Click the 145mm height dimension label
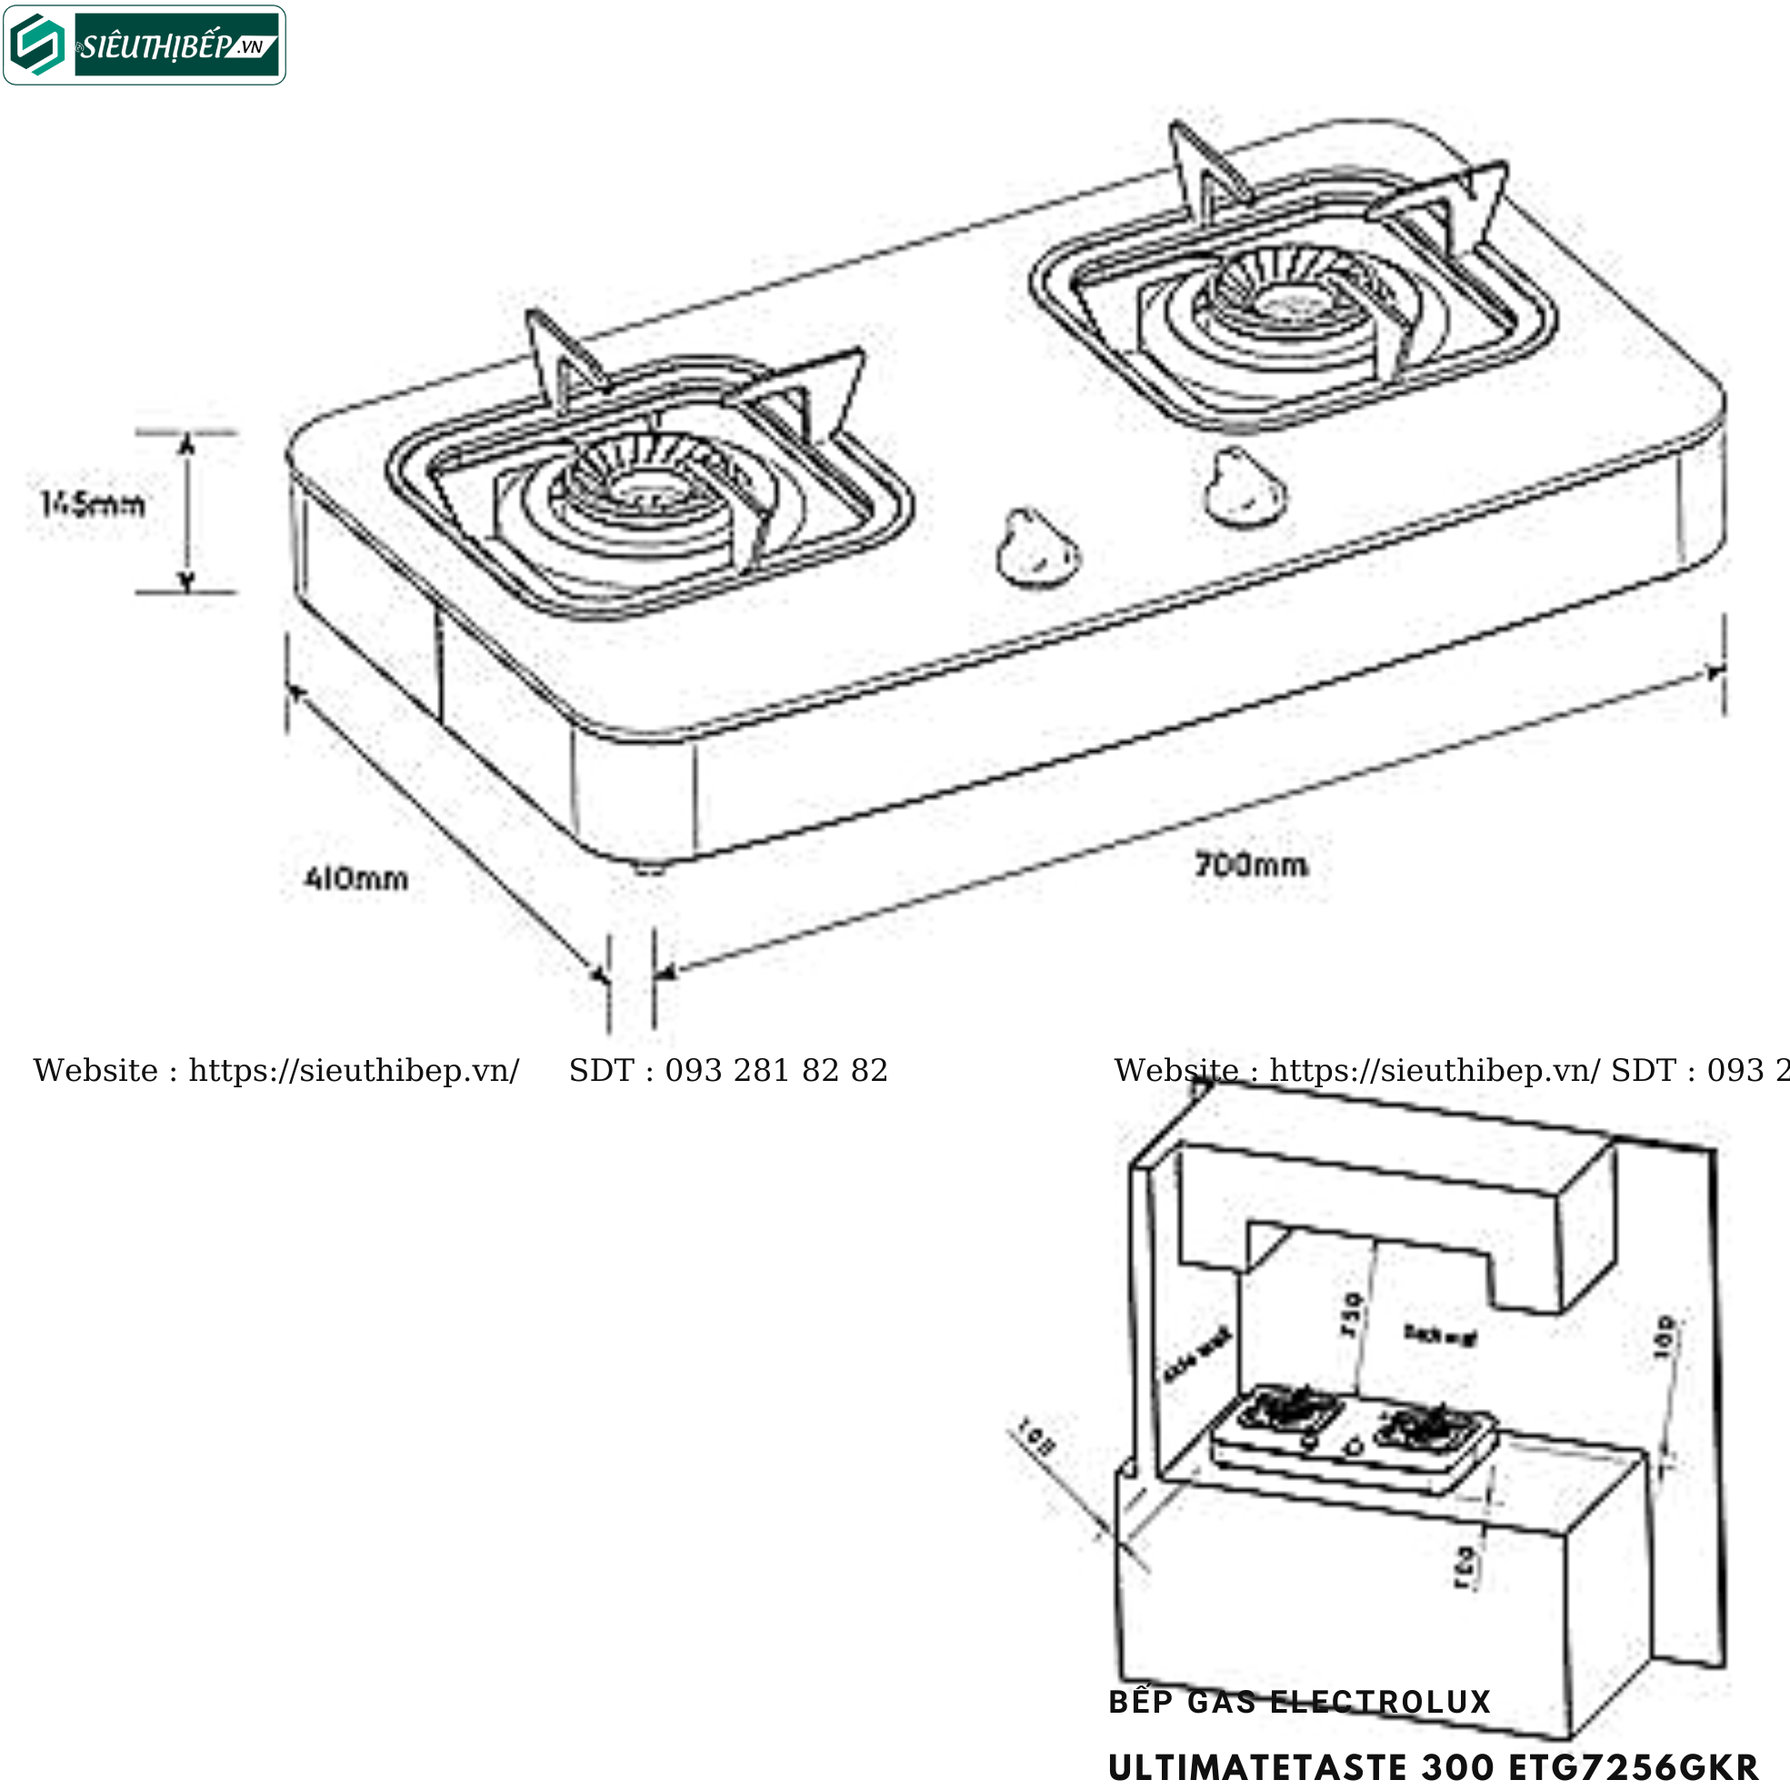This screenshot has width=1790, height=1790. pos(93,505)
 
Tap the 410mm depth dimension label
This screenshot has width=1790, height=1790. pos(356,877)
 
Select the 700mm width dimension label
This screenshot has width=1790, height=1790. pos(1251,865)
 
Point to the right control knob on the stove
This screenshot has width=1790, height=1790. pos(1245,490)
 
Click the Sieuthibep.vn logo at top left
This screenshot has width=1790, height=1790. pos(145,45)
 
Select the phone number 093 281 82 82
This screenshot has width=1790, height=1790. pos(775,1071)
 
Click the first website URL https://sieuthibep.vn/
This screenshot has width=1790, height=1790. pos(354,1071)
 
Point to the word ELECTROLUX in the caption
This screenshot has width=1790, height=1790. pos(1380,1702)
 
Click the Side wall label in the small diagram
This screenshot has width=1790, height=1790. pos(1197,1355)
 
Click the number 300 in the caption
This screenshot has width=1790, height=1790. pos(1458,1767)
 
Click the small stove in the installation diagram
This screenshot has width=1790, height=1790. pos(1353,1435)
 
